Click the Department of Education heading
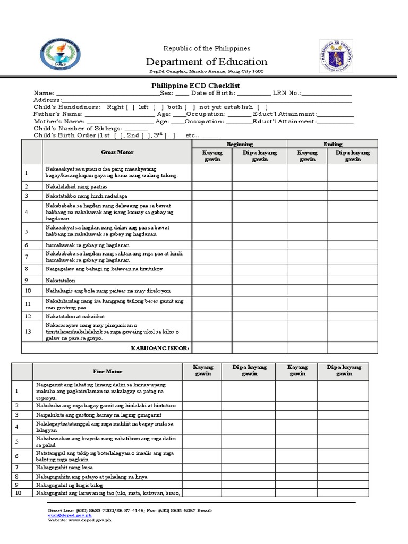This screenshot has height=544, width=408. pyautogui.click(x=207, y=62)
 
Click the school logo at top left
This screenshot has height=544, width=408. pyautogui.click(x=61, y=56)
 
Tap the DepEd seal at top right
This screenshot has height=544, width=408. pyautogui.click(x=339, y=56)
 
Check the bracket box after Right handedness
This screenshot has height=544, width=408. pyautogui.click(x=130, y=107)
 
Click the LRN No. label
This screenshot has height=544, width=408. pyautogui.click(x=287, y=93)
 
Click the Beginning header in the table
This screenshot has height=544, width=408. pyautogui.click(x=240, y=144)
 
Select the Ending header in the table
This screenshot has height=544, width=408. pyautogui.click(x=333, y=144)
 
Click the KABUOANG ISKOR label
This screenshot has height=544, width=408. pyautogui.click(x=160, y=348)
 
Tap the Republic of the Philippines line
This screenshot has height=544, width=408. pyautogui.click(x=207, y=48)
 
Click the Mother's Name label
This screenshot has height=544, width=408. pyautogui.click(x=57, y=121)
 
